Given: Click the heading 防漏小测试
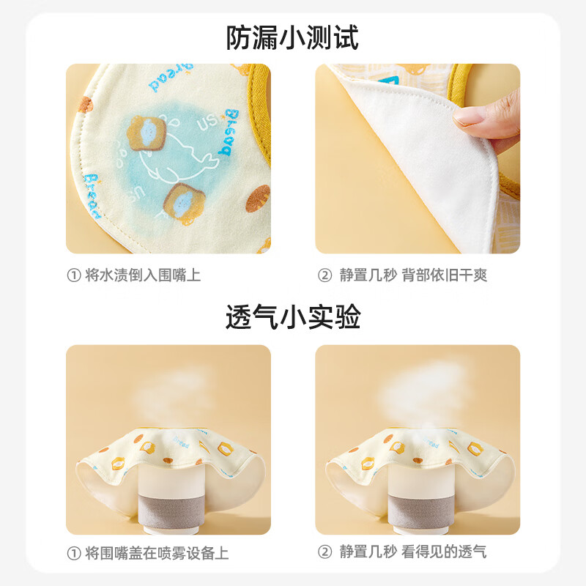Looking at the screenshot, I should coord(292,37).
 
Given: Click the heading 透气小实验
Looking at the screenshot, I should coord(292,317).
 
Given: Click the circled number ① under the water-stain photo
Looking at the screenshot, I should coord(73,275).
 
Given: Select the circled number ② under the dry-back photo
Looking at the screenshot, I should coord(324,275).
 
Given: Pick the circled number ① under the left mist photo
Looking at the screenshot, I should coord(73,552).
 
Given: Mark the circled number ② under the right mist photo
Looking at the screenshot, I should coord(324,552).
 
